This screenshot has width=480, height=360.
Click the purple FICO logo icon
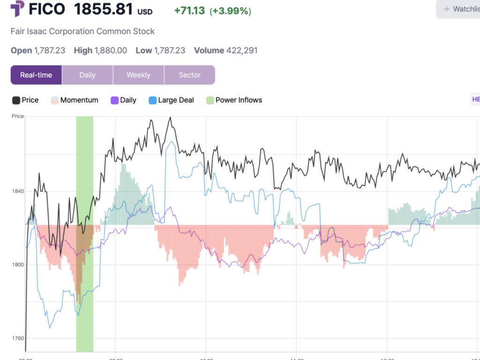(18, 9)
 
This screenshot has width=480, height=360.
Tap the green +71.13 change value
(189, 10)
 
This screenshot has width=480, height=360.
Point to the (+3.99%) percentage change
(230, 10)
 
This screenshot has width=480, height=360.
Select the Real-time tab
(36, 75)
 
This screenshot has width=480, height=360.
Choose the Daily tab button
(87, 75)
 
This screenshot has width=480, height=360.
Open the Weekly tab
(138, 75)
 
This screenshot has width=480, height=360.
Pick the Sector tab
(189, 75)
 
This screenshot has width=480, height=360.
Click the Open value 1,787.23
(50, 51)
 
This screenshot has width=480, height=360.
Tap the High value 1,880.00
(111, 51)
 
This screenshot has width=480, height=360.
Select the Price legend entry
(26, 100)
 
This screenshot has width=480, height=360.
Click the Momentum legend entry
(75, 100)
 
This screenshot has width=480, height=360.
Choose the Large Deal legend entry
(171, 100)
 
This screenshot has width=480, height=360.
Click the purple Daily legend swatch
(114, 100)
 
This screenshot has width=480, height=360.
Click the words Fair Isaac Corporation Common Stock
(82, 31)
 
